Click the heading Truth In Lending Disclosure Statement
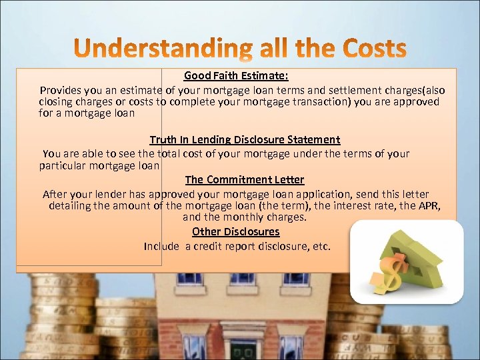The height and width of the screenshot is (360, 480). (245, 140)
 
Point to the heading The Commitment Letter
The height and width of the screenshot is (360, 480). (245, 179)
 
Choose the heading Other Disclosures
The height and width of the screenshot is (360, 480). (236, 232)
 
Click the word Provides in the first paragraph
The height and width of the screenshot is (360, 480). (61, 90)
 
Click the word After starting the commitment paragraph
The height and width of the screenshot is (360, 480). (55, 194)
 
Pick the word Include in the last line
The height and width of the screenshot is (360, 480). (161, 246)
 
